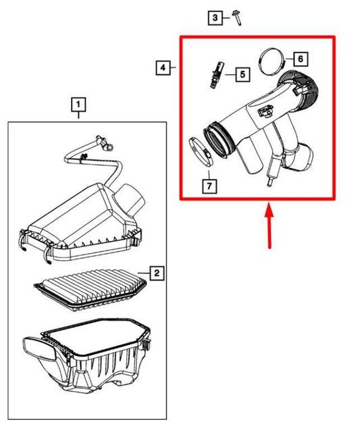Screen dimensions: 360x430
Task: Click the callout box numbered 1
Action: point(78,105)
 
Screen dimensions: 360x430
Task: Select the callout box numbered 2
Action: point(157,273)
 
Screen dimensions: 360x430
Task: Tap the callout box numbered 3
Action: point(215,18)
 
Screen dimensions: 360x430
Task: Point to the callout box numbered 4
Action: point(163,68)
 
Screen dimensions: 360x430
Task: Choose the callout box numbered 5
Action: point(242,74)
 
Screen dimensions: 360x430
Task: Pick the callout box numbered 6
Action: point(301,59)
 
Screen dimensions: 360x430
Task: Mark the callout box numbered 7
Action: point(209,186)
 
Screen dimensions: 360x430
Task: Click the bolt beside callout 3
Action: point(237,18)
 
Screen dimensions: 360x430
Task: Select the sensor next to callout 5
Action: point(217,75)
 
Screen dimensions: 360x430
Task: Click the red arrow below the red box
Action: point(269,225)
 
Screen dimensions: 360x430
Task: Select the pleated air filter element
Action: point(90,290)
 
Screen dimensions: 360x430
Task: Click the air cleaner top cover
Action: point(82,222)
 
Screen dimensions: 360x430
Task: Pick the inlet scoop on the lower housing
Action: point(40,350)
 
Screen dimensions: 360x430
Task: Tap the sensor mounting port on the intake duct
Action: point(265,111)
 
